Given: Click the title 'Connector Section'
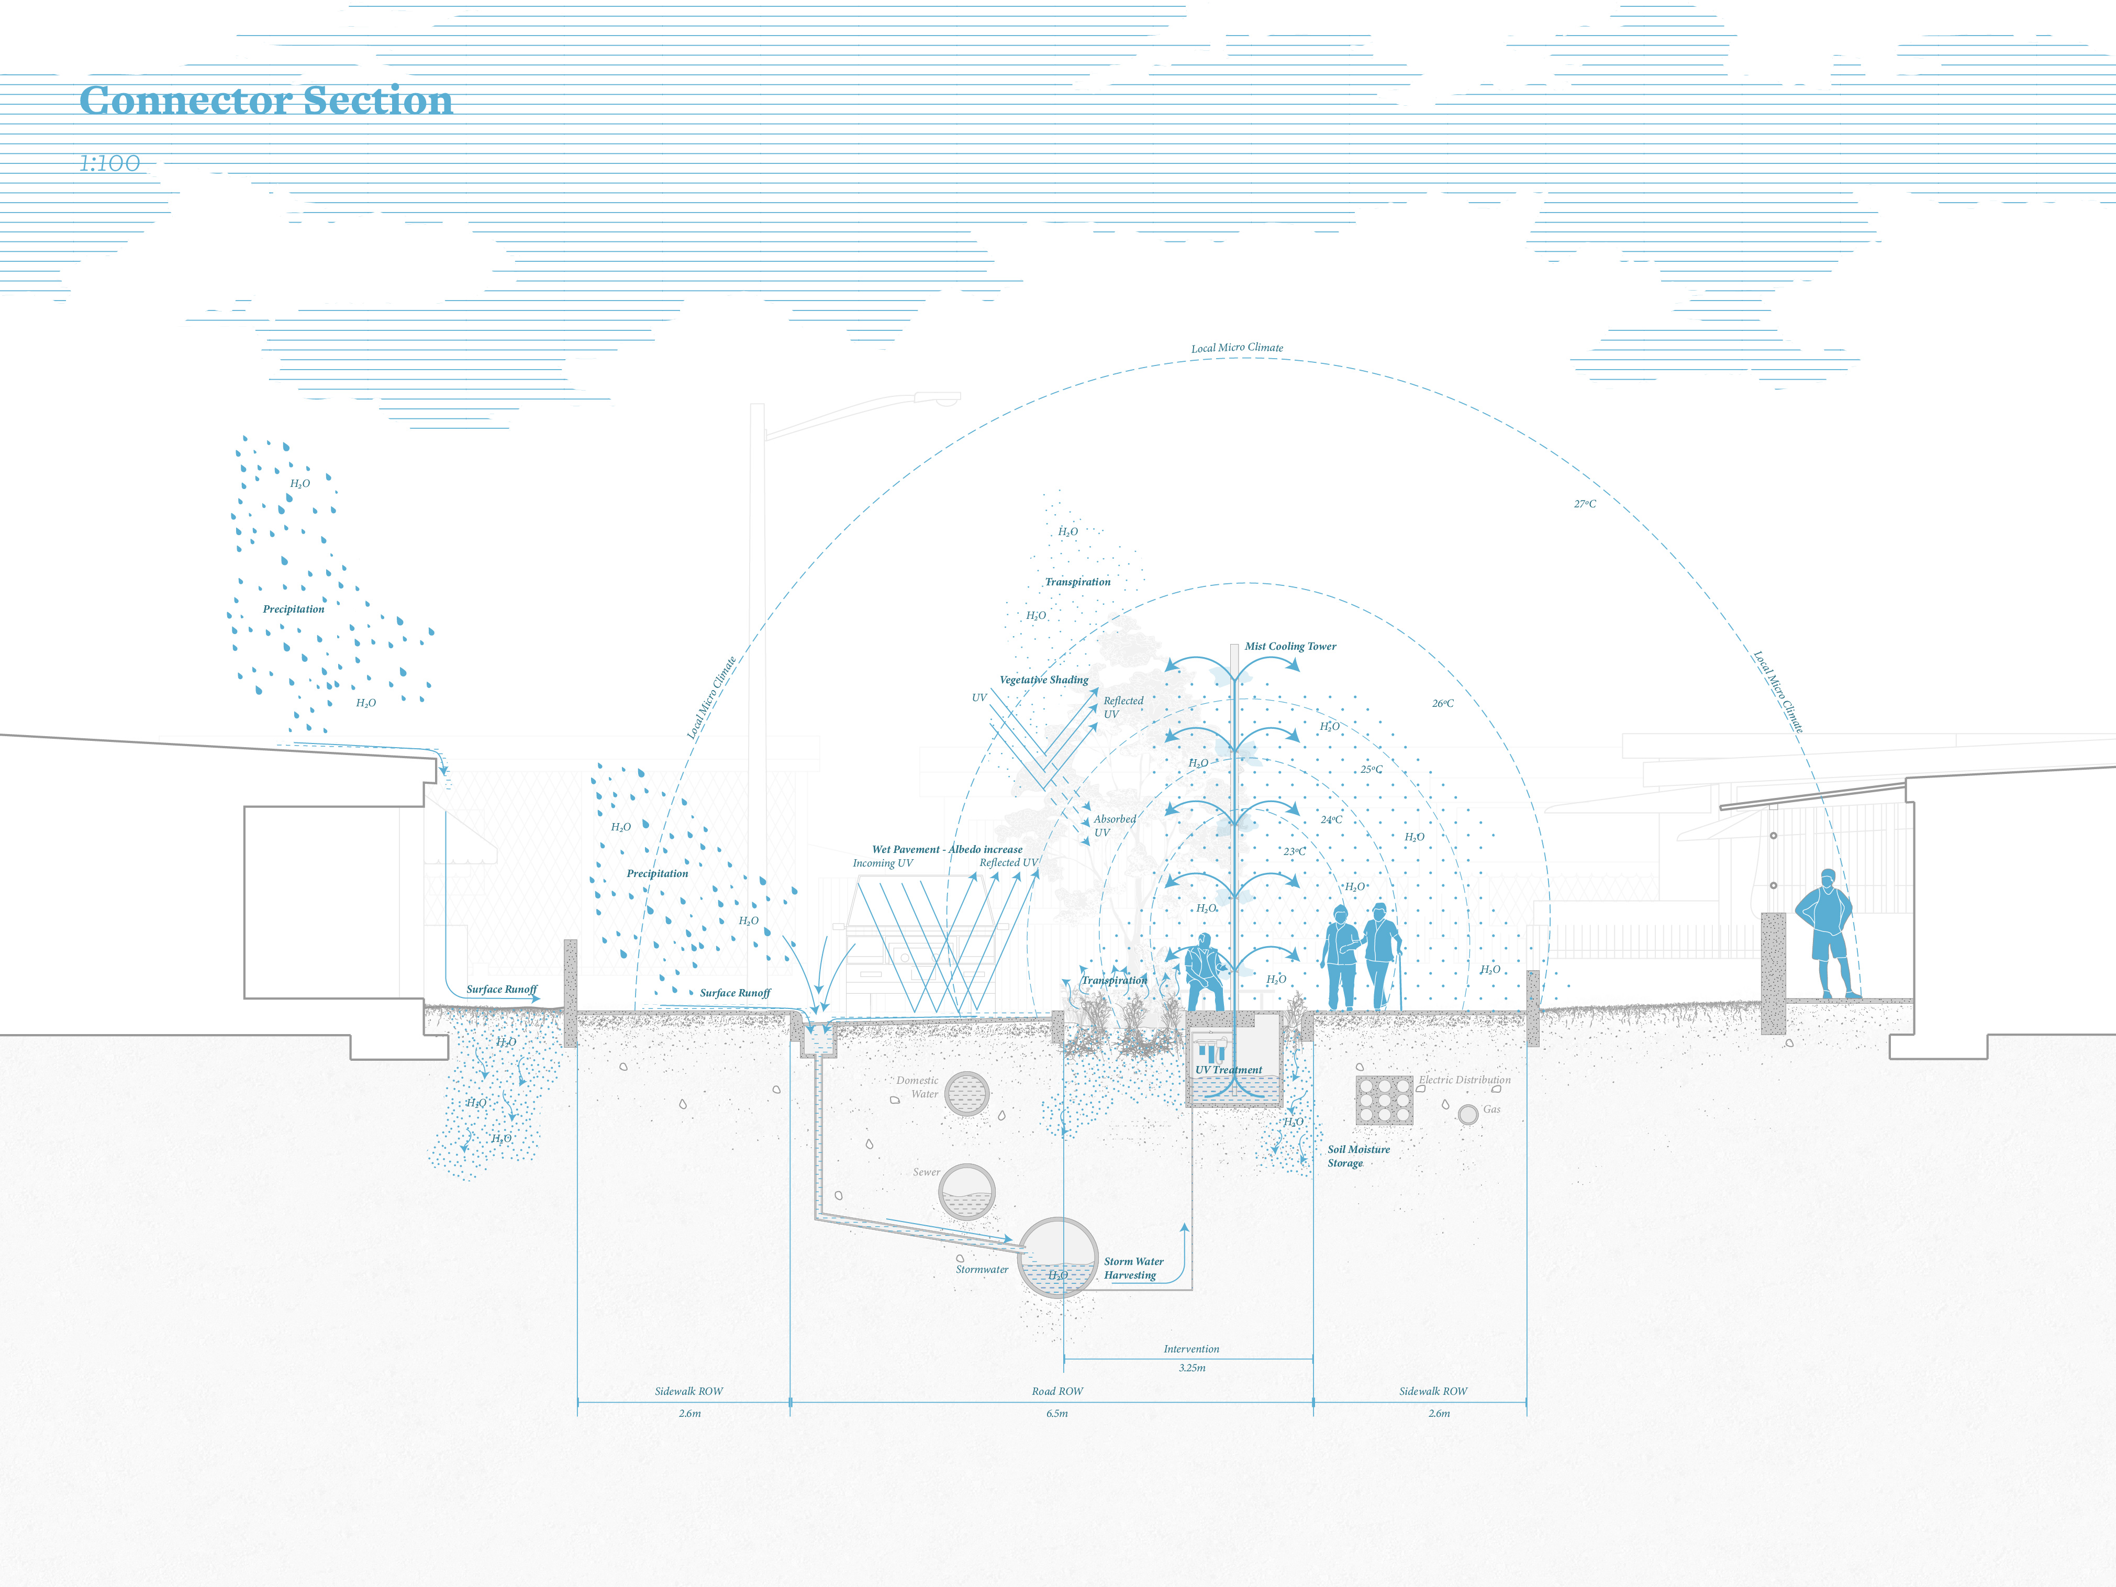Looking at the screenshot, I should click(x=266, y=101).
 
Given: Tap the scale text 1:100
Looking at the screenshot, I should click(x=109, y=163).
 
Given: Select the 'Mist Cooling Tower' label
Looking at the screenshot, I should click(x=1289, y=647).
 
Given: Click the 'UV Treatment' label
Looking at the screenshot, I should click(x=1228, y=1070).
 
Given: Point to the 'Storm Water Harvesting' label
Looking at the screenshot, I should click(x=1133, y=1269).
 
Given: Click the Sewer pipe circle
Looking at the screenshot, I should click(x=966, y=1192).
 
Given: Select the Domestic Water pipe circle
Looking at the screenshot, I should click(x=966, y=1093).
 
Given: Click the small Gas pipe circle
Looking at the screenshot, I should click(x=1467, y=1114).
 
